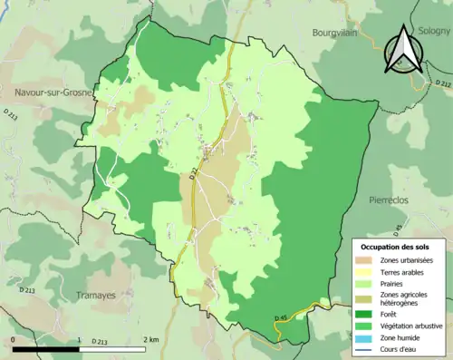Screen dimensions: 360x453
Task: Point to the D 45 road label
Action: pos(281,317)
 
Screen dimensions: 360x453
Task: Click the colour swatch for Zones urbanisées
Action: pos(367,261)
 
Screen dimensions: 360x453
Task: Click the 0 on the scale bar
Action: pos(14,339)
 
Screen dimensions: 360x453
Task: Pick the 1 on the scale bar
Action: pos(79,339)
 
